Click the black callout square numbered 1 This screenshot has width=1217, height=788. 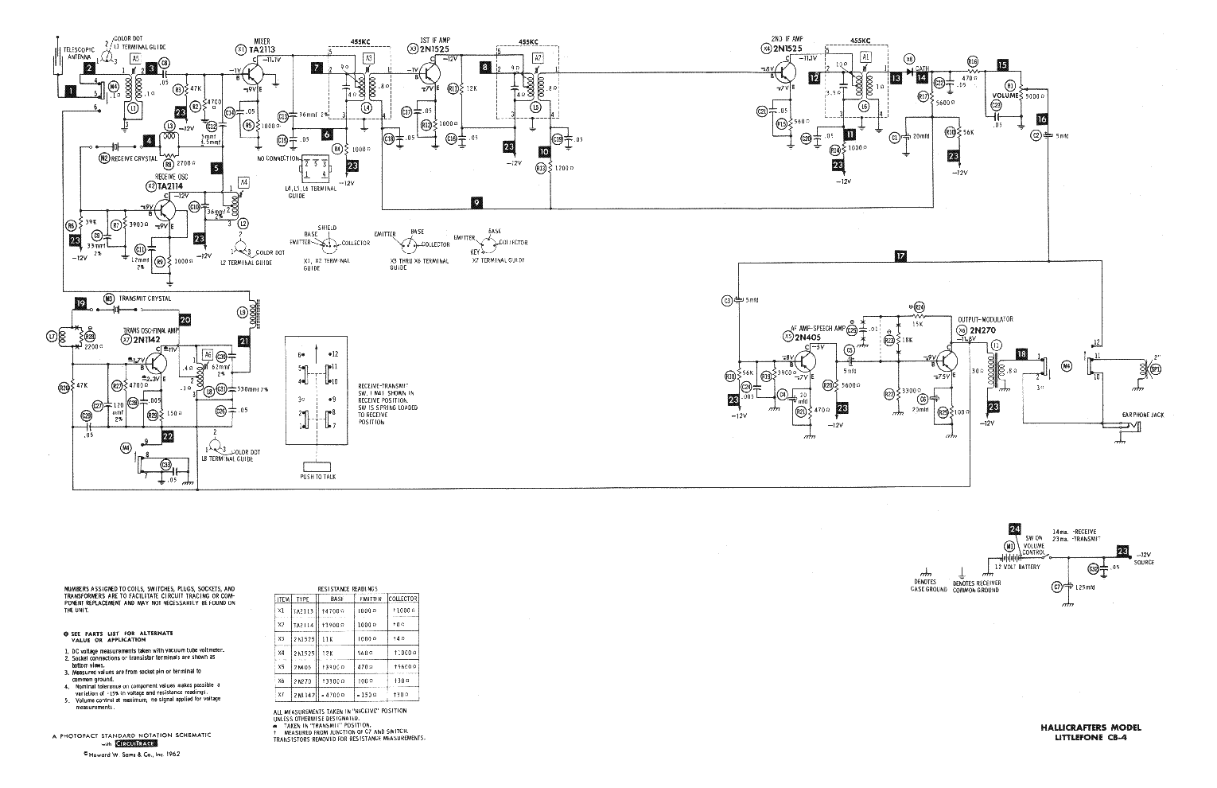tap(71, 91)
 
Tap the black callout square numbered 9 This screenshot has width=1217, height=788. tap(476, 203)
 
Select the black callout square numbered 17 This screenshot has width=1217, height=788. tap(900, 256)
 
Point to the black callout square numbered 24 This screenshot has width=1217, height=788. tap(1013, 529)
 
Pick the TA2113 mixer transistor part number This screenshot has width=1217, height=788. tap(262, 49)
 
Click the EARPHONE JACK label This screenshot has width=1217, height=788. tap(1118, 413)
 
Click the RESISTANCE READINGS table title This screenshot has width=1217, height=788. tap(347, 587)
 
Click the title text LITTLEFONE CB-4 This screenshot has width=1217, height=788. tap(1098, 737)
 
